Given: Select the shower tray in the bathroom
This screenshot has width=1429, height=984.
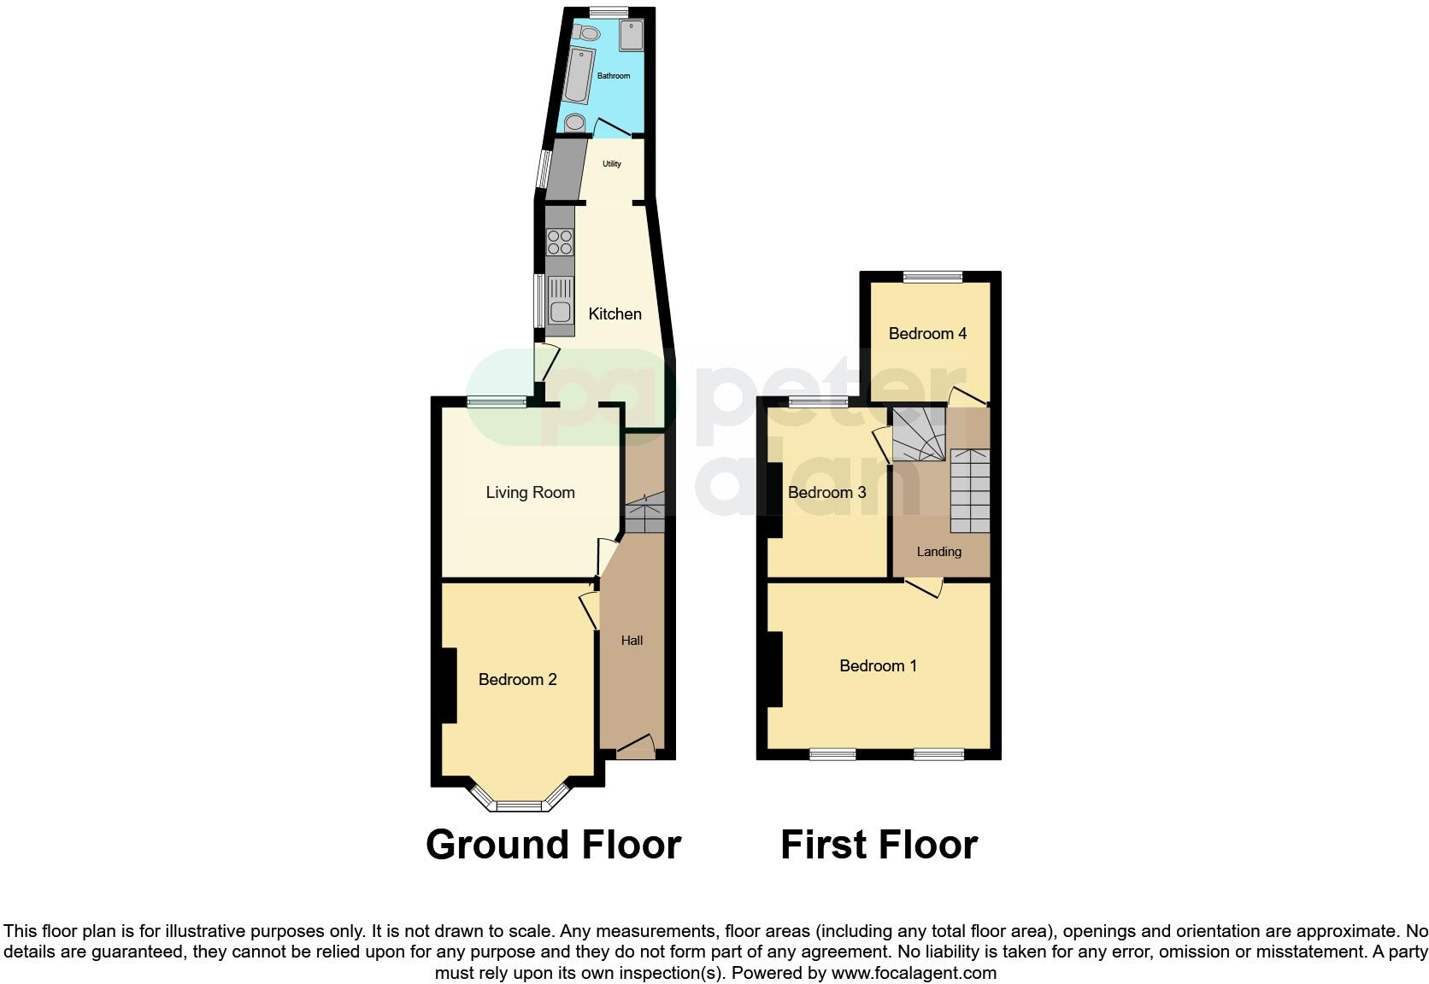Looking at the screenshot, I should [x=632, y=36].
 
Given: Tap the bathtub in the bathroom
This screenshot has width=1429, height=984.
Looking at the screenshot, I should [x=579, y=75].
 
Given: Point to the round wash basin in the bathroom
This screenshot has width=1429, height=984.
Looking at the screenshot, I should [x=575, y=122].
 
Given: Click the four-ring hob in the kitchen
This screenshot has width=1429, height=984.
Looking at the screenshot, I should [x=560, y=242].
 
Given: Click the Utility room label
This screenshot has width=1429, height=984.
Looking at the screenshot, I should [x=612, y=164].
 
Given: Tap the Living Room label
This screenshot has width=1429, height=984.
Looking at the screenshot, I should [x=530, y=492].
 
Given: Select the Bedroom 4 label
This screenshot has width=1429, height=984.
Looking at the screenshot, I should [x=927, y=333].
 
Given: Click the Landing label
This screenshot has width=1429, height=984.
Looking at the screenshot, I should [x=938, y=552].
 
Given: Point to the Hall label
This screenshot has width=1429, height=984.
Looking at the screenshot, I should [x=632, y=641].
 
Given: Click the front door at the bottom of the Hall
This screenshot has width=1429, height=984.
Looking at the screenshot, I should [x=635, y=747].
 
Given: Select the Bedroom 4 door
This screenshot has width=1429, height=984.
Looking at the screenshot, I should [x=967, y=397].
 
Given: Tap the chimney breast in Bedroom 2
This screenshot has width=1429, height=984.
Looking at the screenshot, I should [x=448, y=685].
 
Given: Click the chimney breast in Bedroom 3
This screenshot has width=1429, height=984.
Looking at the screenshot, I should [x=774, y=500].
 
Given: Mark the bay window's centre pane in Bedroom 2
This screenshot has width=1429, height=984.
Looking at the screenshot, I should [x=520, y=805].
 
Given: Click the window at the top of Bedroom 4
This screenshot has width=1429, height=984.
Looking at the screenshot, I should [x=932, y=277].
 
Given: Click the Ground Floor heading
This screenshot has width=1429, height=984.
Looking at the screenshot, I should [x=553, y=845].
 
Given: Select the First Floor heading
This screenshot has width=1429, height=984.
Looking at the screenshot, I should [x=879, y=845].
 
